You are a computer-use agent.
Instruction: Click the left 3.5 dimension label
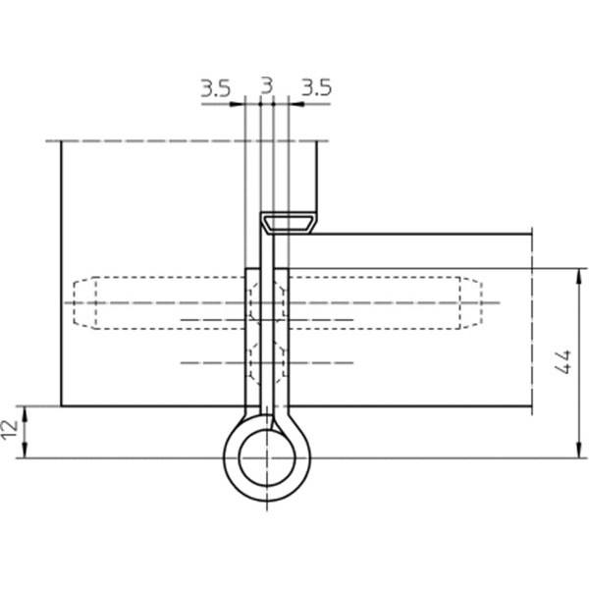pos(215,89)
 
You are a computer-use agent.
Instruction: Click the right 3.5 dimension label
pos(317,88)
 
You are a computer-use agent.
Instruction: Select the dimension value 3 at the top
pos(266,86)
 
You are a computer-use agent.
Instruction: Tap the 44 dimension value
pos(563,361)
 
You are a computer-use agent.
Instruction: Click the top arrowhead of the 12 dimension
pos(25,414)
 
